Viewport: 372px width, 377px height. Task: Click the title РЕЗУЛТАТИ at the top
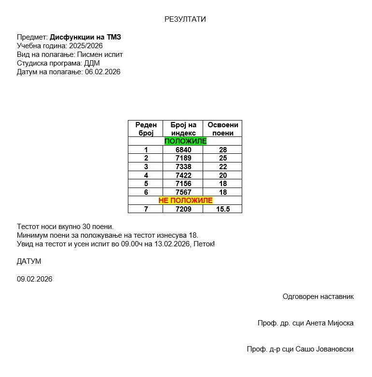click(185, 19)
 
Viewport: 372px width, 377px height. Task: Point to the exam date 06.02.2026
click(103, 72)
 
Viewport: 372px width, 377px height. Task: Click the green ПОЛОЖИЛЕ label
click(185, 141)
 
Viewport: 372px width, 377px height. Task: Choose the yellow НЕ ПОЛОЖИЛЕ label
click(185, 200)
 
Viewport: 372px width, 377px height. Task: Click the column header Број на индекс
click(183, 129)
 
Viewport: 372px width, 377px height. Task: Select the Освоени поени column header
click(222, 129)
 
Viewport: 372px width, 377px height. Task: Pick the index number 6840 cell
click(183, 150)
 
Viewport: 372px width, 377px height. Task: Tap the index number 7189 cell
click(183, 158)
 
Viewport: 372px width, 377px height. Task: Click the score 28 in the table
click(222, 150)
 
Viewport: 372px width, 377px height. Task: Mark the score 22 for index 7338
click(222, 167)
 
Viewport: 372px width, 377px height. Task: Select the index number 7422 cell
click(183, 175)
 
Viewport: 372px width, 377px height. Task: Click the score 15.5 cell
click(222, 209)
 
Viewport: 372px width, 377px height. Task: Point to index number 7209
click(183, 209)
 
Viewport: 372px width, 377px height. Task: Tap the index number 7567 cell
click(183, 192)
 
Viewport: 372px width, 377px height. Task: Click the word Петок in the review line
click(204, 244)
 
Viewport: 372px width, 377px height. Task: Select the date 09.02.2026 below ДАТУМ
click(35, 279)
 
